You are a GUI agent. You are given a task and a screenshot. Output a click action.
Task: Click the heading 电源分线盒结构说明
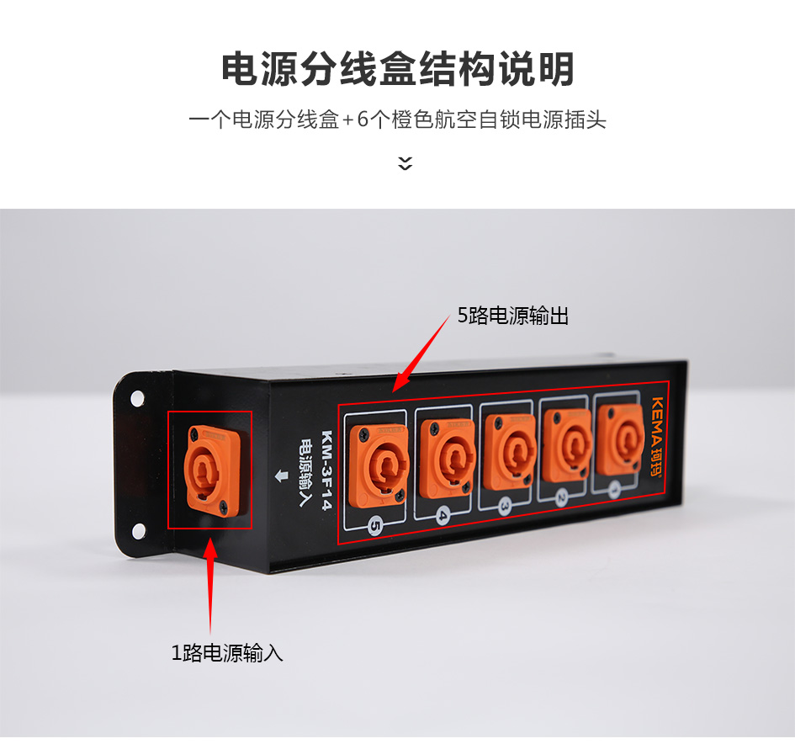tap(397, 68)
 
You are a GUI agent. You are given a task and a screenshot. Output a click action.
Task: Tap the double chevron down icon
tap(405, 163)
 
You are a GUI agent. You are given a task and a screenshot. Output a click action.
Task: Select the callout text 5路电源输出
tap(513, 316)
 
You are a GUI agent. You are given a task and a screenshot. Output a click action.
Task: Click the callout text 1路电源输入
tap(227, 653)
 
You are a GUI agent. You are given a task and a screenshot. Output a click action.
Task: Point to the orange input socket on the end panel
tap(212, 470)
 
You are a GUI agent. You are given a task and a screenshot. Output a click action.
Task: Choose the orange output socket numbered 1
tap(620, 439)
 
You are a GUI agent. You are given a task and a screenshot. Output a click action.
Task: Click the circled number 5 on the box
tap(374, 526)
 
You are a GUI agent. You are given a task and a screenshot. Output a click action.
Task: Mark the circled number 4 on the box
tap(443, 516)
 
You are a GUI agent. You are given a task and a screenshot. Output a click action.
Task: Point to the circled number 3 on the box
tap(505, 506)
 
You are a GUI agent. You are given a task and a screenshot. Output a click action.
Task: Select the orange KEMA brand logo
tap(656, 437)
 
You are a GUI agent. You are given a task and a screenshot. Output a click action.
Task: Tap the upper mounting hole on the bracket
tap(137, 399)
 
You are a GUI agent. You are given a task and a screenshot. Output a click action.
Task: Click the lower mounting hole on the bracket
tap(139, 531)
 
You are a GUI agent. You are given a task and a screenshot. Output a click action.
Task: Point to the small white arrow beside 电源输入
tap(281, 476)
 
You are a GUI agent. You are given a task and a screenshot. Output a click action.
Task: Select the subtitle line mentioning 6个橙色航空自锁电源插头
tap(397, 120)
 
